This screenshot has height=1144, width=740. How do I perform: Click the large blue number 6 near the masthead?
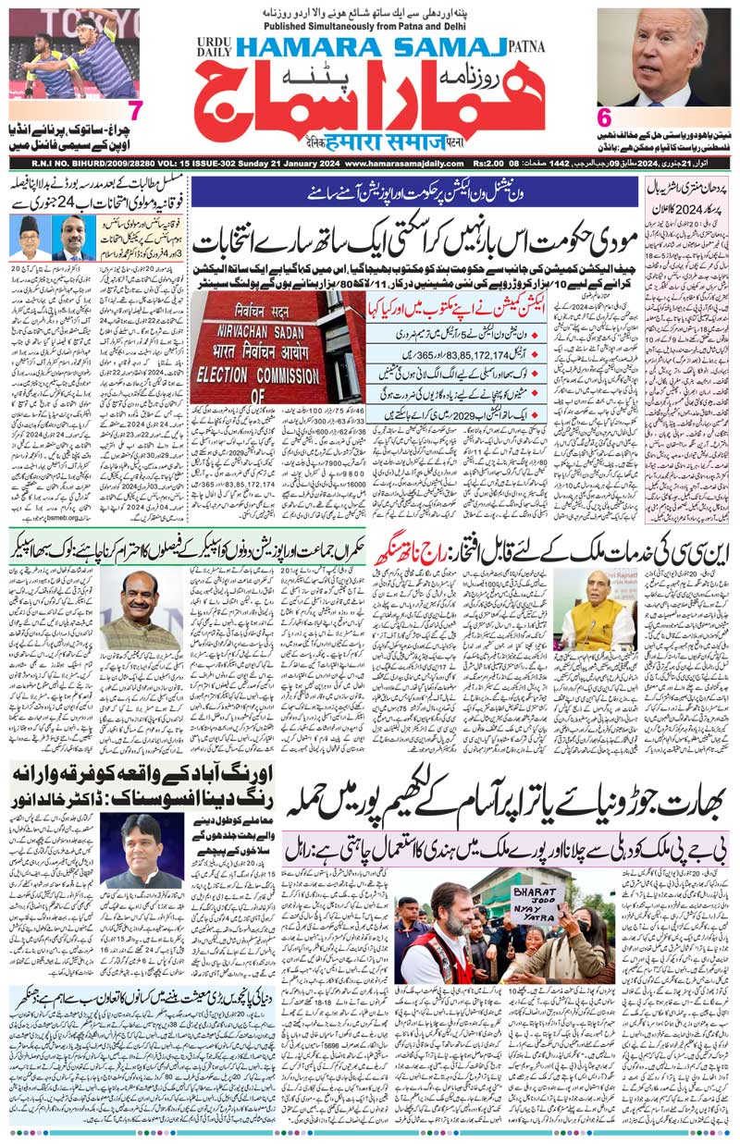[605, 117]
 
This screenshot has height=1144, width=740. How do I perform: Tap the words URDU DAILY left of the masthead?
[210, 47]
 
